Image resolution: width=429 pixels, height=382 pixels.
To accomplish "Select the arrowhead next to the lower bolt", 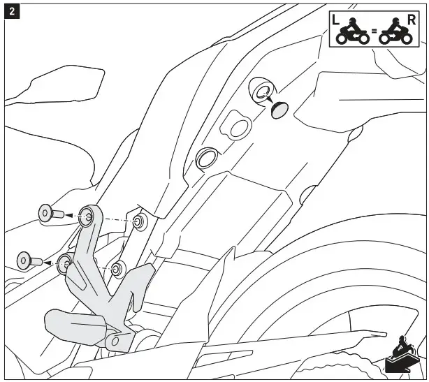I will (50, 263).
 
